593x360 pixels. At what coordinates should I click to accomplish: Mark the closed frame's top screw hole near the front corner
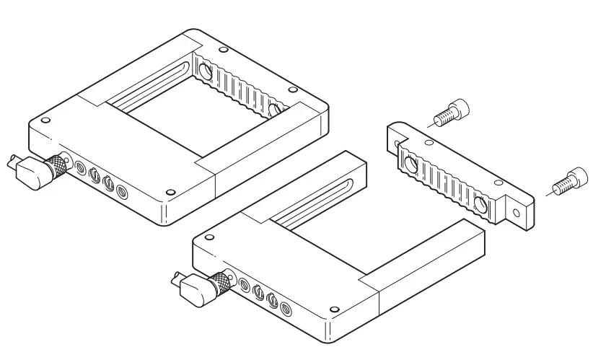170,193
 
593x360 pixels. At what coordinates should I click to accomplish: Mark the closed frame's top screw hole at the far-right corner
293,90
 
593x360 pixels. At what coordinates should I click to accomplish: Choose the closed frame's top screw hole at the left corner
46,120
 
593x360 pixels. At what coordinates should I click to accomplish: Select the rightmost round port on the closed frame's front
121,192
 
